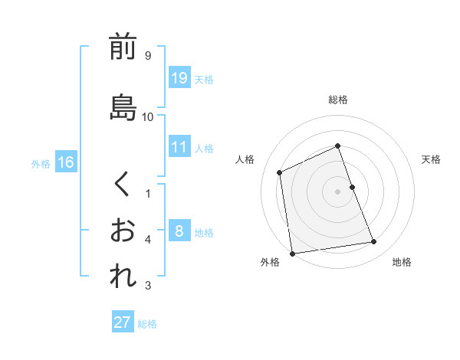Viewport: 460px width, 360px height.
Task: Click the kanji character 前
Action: tap(123, 48)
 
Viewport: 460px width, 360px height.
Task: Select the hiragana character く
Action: tap(123, 185)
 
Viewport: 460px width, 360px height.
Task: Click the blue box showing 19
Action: tap(179, 78)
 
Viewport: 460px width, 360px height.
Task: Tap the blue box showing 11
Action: tap(179, 147)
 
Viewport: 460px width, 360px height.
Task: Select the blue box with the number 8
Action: tap(179, 231)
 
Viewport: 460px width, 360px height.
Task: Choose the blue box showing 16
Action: tap(66, 162)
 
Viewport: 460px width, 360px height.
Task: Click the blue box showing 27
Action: tap(123, 322)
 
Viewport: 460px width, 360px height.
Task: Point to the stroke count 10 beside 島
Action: tap(148, 116)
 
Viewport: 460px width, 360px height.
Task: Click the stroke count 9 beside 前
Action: tap(147, 55)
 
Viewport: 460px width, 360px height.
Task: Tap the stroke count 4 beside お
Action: tap(147, 240)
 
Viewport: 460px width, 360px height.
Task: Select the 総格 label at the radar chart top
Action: tap(338, 100)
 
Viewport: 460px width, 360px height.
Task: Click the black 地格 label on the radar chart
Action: tap(402, 262)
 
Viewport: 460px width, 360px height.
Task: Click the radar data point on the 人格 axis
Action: tap(280, 172)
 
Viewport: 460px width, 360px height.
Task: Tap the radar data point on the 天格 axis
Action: tap(352, 187)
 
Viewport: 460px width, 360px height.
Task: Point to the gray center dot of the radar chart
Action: tap(338, 191)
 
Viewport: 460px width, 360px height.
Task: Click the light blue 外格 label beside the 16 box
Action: tap(40, 163)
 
